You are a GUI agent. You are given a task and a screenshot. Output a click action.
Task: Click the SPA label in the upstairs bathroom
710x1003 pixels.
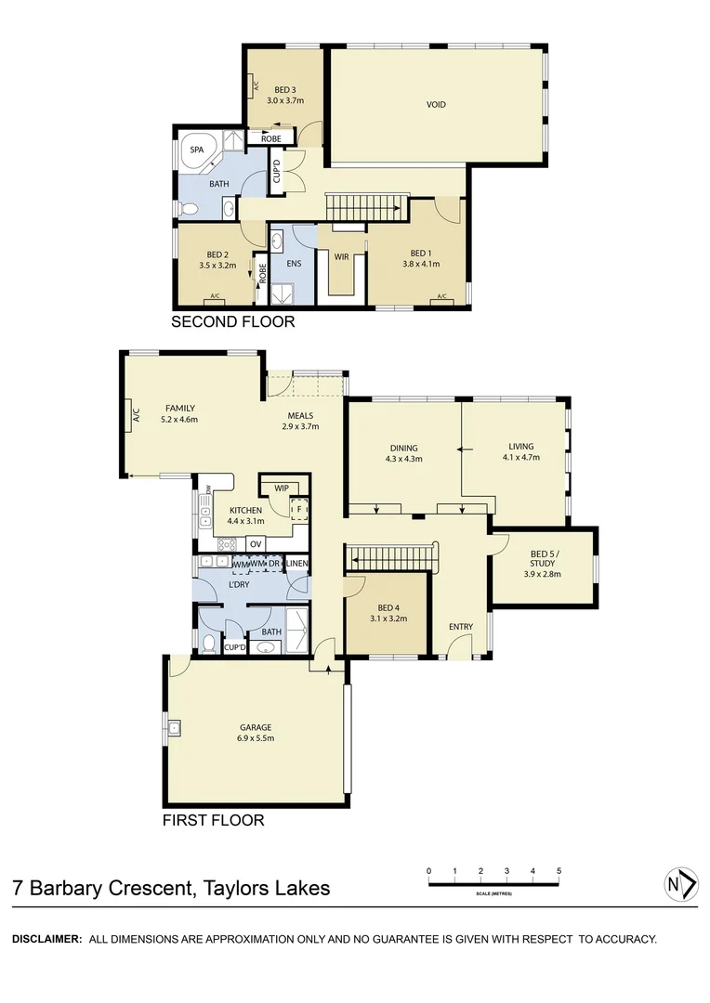[197, 149]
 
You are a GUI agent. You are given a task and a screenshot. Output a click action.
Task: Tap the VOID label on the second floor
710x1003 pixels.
[436, 105]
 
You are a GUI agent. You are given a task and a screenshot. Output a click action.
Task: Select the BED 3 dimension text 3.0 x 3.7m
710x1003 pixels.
[285, 100]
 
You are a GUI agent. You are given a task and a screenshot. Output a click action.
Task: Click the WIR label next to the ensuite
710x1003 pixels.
[342, 257]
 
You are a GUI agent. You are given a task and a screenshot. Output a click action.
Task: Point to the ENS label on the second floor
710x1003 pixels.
[294, 263]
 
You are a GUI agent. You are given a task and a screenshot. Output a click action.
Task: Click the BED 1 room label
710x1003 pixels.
[421, 254]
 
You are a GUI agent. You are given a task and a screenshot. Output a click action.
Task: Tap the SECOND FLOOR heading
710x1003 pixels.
[232, 322]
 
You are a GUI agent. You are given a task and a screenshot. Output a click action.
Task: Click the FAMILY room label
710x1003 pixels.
[179, 408]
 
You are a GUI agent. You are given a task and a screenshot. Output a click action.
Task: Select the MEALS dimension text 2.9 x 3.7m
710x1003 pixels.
[300, 427]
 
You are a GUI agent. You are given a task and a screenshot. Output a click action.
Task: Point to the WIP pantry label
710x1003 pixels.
[280, 487]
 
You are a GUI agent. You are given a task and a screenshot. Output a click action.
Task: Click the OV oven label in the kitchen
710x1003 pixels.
[255, 543]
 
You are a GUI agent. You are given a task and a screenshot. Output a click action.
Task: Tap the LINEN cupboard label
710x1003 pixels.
[297, 564]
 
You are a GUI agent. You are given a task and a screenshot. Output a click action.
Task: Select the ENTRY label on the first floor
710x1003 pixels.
[461, 627]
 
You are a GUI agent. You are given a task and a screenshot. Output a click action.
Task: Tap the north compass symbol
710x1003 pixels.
[681, 884]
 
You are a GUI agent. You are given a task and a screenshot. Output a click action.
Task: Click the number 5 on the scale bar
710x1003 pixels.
[559, 871]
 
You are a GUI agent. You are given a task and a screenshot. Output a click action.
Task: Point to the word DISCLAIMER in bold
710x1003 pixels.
[46, 939]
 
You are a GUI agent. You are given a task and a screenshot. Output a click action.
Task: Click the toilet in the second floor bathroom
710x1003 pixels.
[189, 207]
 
